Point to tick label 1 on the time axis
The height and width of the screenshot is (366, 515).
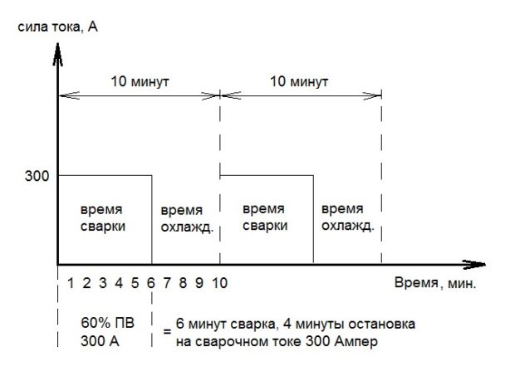(x=71, y=283)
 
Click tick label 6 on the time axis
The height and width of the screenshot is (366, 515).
(x=151, y=283)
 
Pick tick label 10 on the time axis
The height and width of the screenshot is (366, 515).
(x=220, y=283)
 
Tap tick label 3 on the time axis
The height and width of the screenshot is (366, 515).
(x=103, y=283)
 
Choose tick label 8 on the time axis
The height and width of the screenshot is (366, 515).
(x=184, y=283)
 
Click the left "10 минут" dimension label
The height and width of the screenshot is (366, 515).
(x=140, y=83)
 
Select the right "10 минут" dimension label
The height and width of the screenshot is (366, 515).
(x=302, y=83)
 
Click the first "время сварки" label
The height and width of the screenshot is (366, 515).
(x=104, y=217)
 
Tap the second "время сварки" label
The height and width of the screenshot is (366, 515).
(x=267, y=217)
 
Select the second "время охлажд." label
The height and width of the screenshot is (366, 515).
(x=347, y=217)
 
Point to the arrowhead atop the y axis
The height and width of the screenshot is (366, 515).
(x=57, y=51)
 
